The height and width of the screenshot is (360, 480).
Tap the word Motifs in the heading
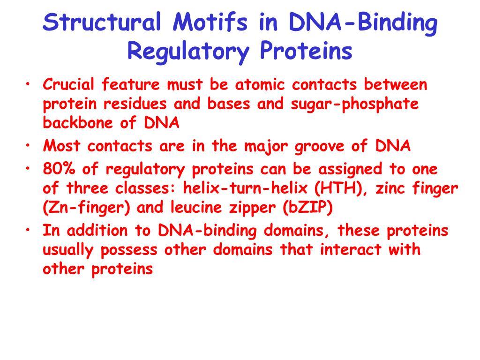tap(204, 22)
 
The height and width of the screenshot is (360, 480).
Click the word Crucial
tap(69, 85)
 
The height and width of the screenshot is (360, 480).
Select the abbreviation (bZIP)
tap(307, 208)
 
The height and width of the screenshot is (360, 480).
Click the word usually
tap(68, 250)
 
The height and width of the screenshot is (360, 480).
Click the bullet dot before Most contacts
tap(29, 145)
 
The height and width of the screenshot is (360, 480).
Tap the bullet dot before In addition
tap(29, 230)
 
